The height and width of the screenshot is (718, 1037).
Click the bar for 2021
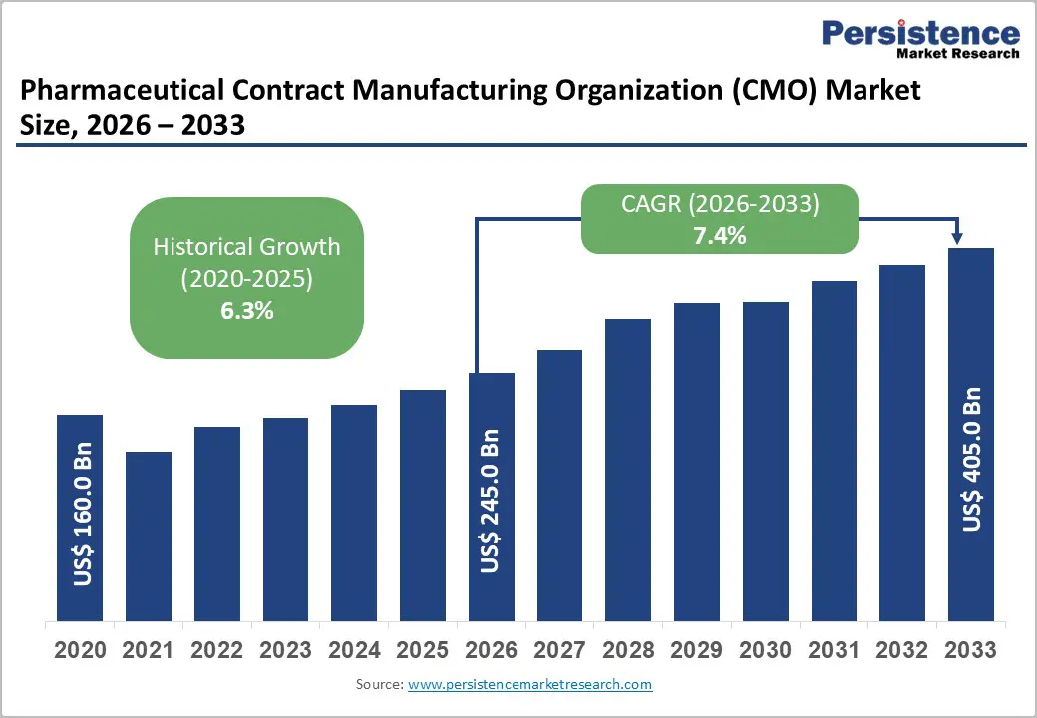(149, 536)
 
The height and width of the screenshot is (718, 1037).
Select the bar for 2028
(628, 469)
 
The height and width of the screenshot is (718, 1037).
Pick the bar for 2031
(834, 450)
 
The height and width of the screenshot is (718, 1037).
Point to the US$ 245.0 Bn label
(492, 502)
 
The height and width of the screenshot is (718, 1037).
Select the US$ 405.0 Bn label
(971, 459)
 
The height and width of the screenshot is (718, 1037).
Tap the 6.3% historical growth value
(246, 311)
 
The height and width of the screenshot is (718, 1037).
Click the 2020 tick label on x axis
(80, 651)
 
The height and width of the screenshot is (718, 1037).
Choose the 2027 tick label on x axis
(559, 651)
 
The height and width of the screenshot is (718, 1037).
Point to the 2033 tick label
(970, 651)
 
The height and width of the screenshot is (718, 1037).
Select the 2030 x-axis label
(765, 651)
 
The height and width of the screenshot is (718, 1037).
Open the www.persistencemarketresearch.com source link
(529, 685)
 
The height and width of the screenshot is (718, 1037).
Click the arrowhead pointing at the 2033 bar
(957, 239)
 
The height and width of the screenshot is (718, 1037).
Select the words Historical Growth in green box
(246, 246)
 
